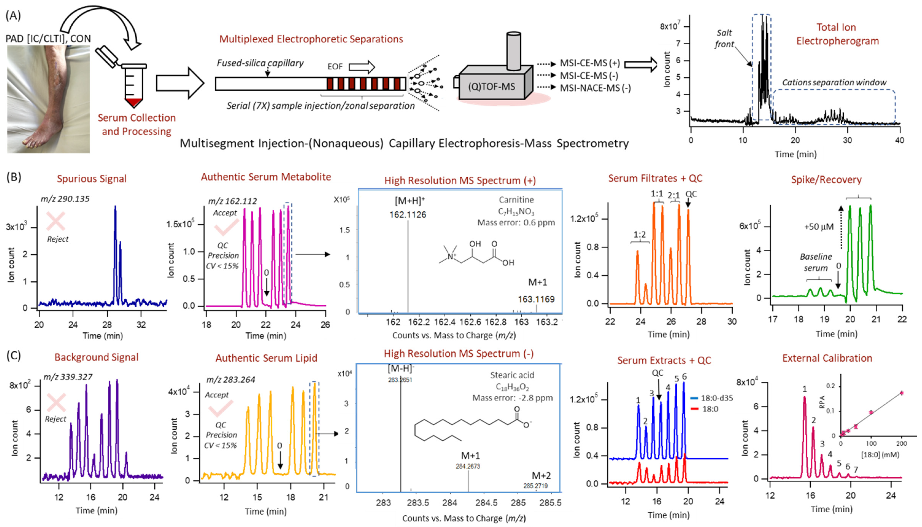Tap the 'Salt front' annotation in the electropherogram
[x=724, y=38]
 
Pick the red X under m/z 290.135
[x=56, y=221]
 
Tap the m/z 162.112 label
[x=232, y=201]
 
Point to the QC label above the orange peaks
[x=691, y=194]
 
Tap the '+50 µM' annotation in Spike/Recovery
[x=819, y=227]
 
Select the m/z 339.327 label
[x=68, y=377]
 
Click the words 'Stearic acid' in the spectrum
[x=512, y=375]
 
